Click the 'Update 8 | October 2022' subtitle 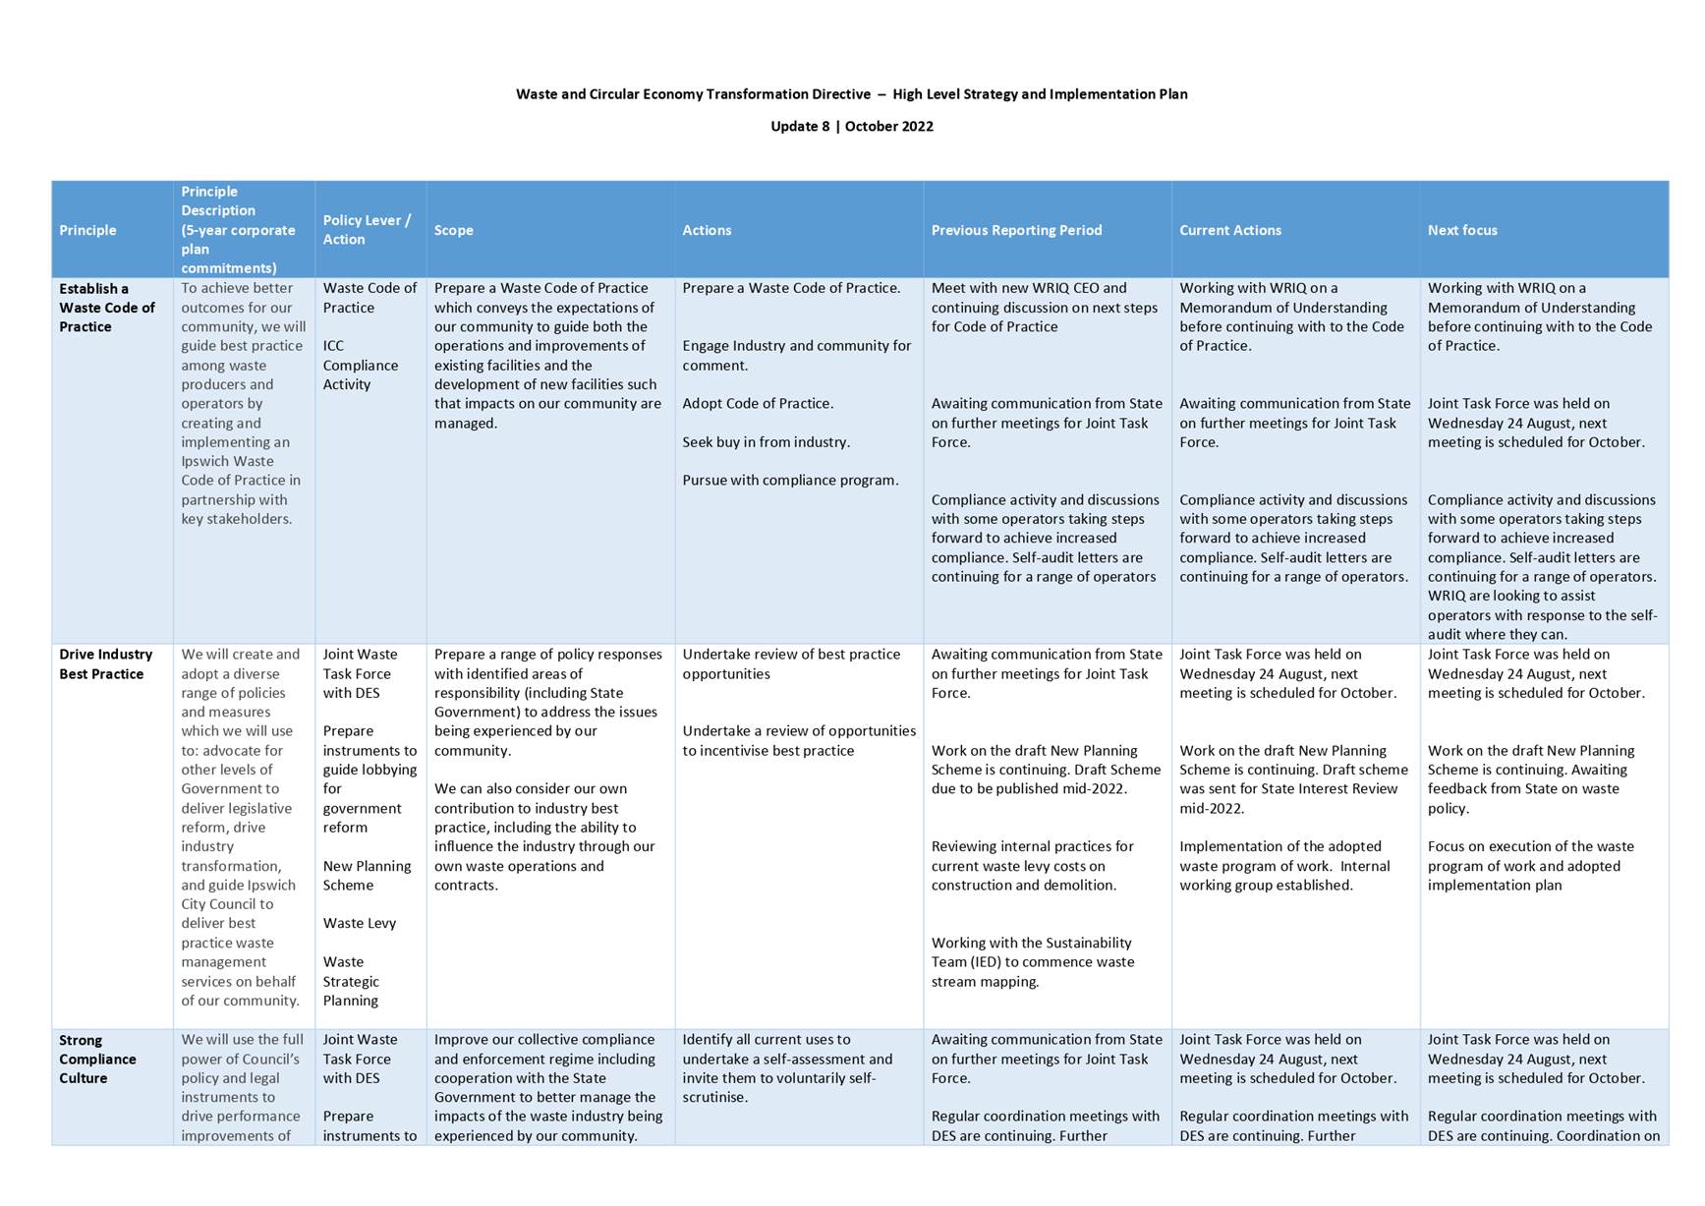(x=851, y=126)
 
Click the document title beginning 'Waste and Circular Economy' (x=851, y=94)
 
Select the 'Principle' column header (x=87, y=230)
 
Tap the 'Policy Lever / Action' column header (x=367, y=230)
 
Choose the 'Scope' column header (x=453, y=230)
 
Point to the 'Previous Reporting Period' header (x=1016, y=230)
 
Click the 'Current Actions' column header (x=1229, y=230)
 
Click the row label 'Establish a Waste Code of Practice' (x=106, y=308)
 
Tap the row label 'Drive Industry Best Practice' (x=105, y=664)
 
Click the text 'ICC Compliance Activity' (x=360, y=366)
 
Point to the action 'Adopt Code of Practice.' (x=758, y=404)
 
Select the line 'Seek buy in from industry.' (x=766, y=442)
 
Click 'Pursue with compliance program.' (x=790, y=481)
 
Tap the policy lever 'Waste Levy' (x=359, y=923)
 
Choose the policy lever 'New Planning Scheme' (x=367, y=876)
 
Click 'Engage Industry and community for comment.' (x=796, y=356)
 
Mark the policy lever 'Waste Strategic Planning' (x=351, y=981)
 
